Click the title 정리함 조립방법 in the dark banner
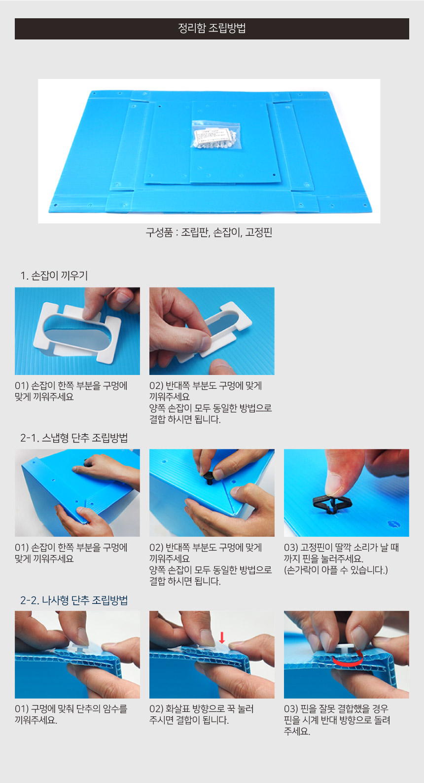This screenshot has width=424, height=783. tap(212, 28)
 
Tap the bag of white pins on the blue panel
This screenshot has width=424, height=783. tap(215, 136)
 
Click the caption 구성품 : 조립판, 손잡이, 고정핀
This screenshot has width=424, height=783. tap(209, 232)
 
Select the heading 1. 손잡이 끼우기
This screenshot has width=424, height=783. tap(54, 276)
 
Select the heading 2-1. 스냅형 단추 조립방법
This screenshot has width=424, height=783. tap(74, 438)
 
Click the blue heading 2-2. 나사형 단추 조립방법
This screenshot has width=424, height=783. tap(74, 600)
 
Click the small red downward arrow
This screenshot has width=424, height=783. tap(222, 637)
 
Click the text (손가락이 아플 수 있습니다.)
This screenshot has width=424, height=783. tap(336, 570)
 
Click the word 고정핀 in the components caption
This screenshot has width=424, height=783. tap(259, 232)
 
